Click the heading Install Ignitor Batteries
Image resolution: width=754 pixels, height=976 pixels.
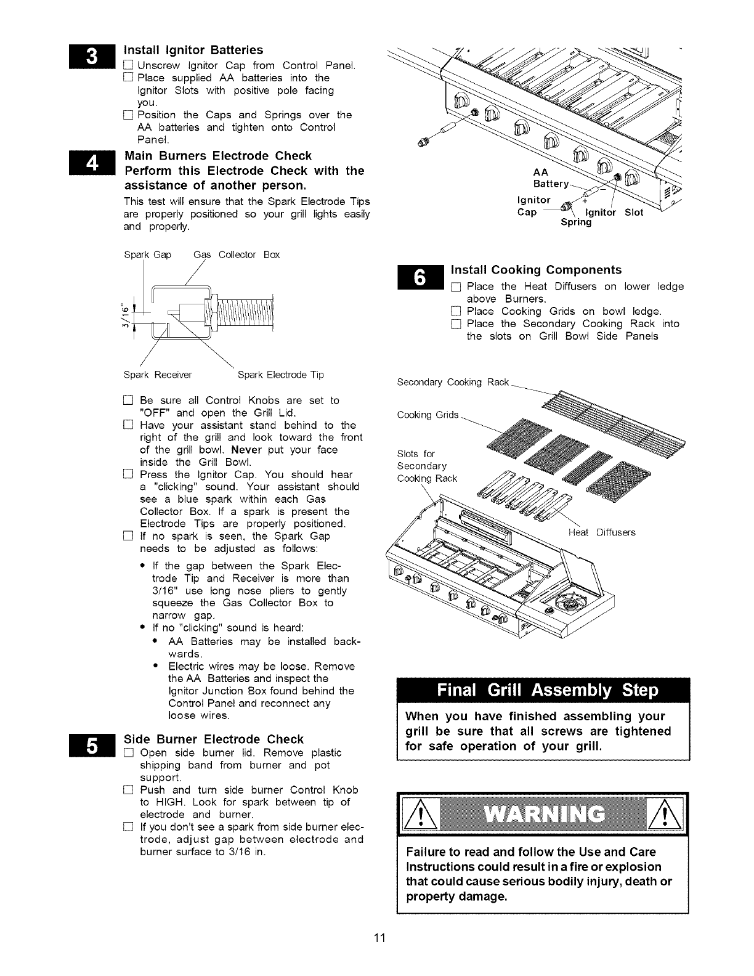pyautogui.click(x=193, y=50)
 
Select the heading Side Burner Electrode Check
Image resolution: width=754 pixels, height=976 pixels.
pyautogui.click(x=214, y=739)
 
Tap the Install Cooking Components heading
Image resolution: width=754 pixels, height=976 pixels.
pyautogui.click(x=537, y=270)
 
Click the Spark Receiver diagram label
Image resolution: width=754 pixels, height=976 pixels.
pyautogui.click(x=158, y=375)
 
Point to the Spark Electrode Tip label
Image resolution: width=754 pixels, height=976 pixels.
pyautogui.click(x=280, y=375)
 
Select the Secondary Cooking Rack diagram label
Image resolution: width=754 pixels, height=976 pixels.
pyautogui.click(x=453, y=383)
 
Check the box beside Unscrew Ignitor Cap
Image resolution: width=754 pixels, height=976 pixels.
pyautogui.click(x=128, y=66)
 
